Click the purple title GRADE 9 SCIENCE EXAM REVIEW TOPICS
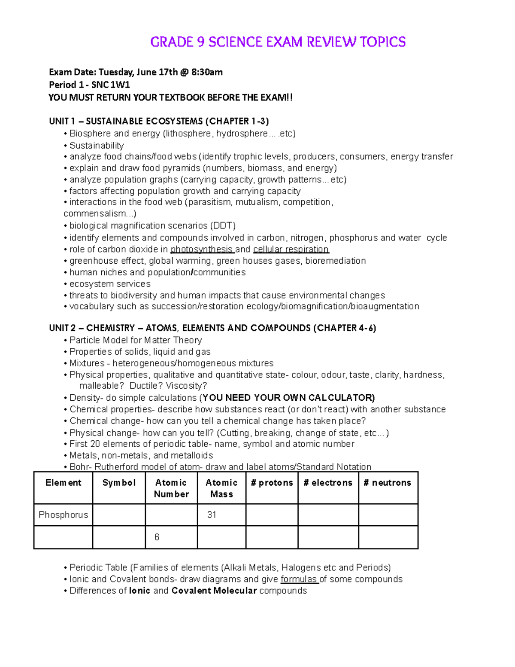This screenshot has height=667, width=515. [278, 42]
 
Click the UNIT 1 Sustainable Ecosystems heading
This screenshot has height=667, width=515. [159, 121]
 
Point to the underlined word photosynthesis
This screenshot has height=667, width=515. [201, 250]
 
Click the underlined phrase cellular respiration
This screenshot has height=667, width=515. [291, 250]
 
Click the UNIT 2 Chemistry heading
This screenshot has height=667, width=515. [212, 328]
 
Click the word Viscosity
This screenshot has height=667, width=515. [186, 386]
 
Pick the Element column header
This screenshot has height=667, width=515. [63, 483]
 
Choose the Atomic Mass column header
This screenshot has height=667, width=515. [221, 488]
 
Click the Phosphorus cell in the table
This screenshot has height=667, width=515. [63, 515]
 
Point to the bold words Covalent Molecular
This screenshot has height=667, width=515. [214, 591]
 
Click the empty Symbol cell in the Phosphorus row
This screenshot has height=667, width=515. [119, 515]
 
